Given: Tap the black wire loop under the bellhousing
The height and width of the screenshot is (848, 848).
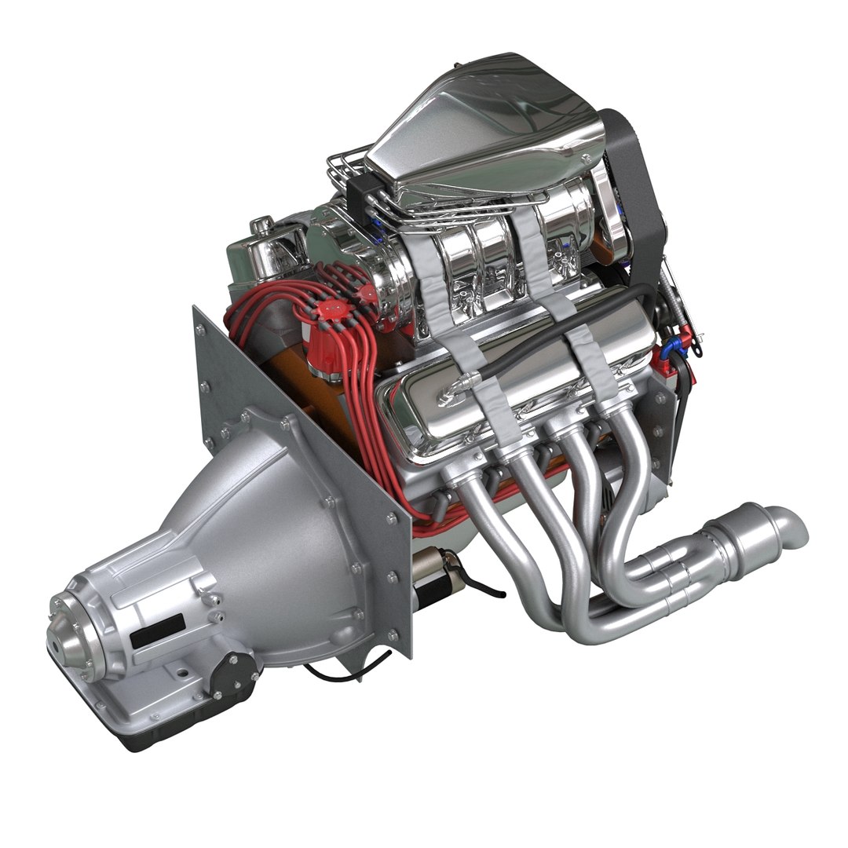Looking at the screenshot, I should click(x=345, y=671).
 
